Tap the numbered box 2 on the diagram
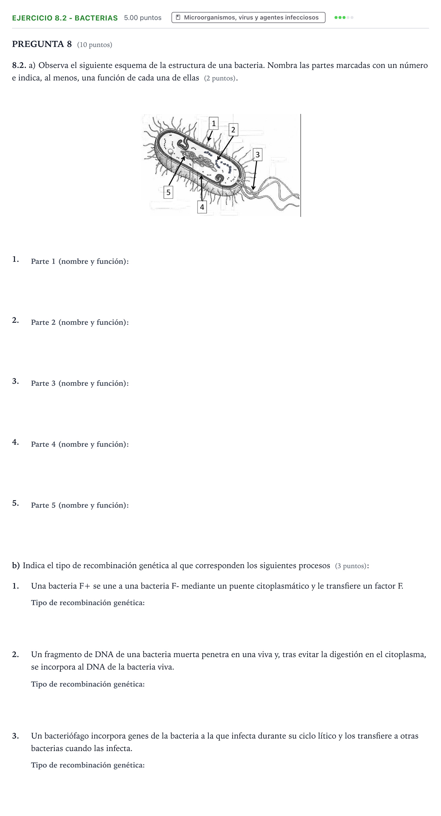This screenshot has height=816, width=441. [x=233, y=130]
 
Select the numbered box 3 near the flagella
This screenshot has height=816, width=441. [x=257, y=155]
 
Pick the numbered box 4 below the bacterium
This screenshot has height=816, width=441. [x=202, y=207]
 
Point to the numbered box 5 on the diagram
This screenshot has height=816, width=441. [x=168, y=192]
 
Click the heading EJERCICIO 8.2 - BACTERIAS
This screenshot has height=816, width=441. [x=65, y=18]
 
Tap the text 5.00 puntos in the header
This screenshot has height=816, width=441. [x=143, y=18]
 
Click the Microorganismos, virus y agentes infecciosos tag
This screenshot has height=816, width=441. [x=248, y=17]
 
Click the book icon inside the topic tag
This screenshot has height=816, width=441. [x=178, y=17]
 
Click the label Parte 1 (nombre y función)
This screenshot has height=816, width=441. [x=80, y=261]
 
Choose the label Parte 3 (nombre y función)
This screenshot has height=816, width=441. [x=80, y=383]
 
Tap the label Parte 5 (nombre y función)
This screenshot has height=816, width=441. [x=80, y=505]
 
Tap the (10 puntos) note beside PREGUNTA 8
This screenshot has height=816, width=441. [x=94, y=45]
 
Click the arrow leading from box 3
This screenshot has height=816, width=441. [x=255, y=175]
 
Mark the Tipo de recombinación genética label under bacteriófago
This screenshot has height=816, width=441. [x=88, y=765]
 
